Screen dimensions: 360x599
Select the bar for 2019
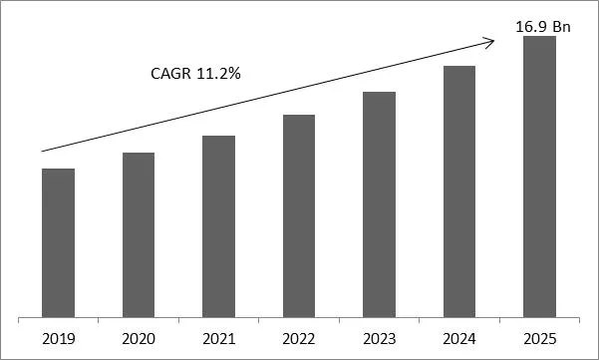(58, 242)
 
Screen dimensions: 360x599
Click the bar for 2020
(139, 235)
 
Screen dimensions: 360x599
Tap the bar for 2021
(218, 226)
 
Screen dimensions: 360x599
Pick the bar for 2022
(299, 216)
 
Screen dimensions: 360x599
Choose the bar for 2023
(379, 204)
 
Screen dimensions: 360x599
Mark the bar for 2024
(459, 191)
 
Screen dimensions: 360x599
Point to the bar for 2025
(539, 177)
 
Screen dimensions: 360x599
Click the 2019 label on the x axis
(58, 338)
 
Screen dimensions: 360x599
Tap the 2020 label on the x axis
(139, 338)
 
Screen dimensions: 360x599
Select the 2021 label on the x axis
(218, 338)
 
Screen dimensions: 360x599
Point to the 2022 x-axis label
(299, 338)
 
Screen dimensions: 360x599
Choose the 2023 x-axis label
(379, 338)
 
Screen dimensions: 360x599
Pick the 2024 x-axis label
(459, 338)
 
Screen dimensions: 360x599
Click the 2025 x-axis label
(539, 338)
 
